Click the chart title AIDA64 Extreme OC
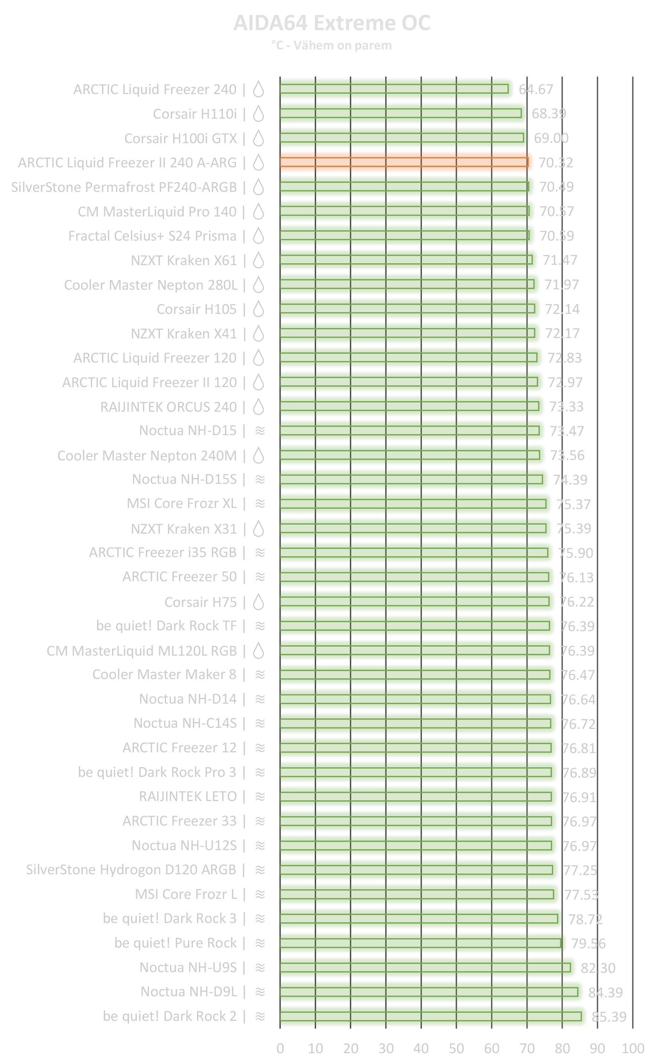(x=332, y=23)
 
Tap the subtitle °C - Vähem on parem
(x=331, y=45)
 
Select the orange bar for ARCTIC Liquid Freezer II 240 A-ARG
(x=404, y=162)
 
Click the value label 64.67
(x=536, y=89)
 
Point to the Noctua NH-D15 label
(x=188, y=431)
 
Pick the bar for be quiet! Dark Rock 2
(x=430, y=1016)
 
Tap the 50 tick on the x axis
(x=456, y=1048)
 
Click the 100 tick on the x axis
(x=632, y=1048)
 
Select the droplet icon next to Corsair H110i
(x=259, y=114)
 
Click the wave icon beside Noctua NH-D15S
(x=260, y=479)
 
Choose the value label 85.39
(x=609, y=1017)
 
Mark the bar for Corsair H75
(x=414, y=602)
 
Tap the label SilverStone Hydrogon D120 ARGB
(x=131, y=869)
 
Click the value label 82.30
(x=597, y=968)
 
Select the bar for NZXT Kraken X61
(x=406, y=260)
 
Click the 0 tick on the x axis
(x=280, y=1048)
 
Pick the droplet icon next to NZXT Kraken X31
(x=259, y=529)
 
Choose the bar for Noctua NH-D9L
(x=429, y=992)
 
